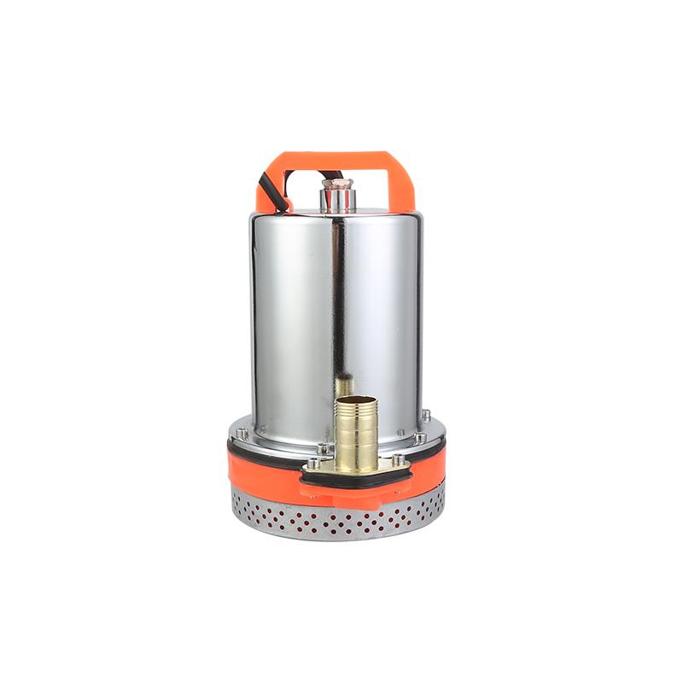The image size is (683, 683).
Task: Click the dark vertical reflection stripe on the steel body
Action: (x=340, y=299)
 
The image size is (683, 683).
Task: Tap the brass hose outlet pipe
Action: (x=356, y=431)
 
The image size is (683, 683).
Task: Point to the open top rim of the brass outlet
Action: (x=356, y=400)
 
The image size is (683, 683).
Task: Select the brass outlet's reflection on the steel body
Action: (x=343, y=387)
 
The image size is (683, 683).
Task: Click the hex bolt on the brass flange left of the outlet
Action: (x=314, y=463)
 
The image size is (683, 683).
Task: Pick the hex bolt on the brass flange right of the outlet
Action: (x=399, y=462)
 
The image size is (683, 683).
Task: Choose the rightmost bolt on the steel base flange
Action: (x=424, y=416)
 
